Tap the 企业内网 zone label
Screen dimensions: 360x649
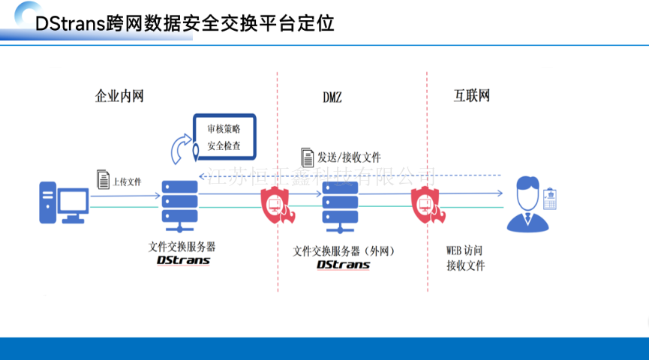click(x=119, y=96)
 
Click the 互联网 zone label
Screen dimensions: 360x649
click(x=472, y=96)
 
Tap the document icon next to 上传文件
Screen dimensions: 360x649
click(x=104, y=180)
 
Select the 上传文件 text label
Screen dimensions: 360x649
click(x=128, y=182)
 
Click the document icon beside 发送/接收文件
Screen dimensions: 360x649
click(x=307, y=157)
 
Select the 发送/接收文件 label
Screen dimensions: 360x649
click(x=349, y=157)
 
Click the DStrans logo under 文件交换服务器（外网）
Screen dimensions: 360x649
click(x=343, y=265)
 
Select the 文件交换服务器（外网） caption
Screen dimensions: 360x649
click(x=344, y=251)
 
